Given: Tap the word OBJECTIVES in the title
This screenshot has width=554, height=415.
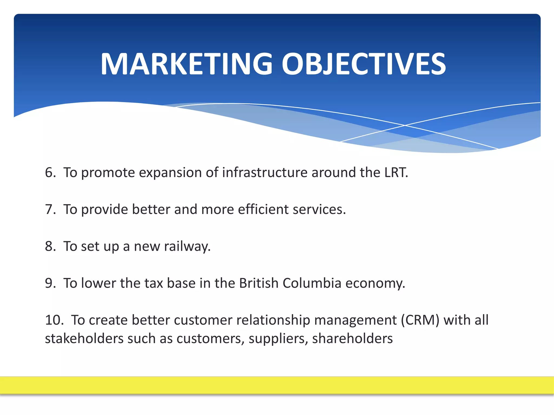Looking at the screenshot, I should [x=364, y=64].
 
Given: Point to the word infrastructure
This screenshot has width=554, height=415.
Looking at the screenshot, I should [x=265, y=172].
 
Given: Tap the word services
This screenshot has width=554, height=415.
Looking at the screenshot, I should [x=319, y=209].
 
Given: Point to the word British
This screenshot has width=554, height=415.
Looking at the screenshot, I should [x=259, y=283].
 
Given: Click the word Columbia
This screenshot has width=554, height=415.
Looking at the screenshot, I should [x=312, y=283].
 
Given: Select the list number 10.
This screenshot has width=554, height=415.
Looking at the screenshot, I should [x=54, y=320].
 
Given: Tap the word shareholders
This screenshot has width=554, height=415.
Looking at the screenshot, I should [x=352, y=339].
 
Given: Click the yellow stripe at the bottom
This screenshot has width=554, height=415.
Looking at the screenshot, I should [x=277, y=385].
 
